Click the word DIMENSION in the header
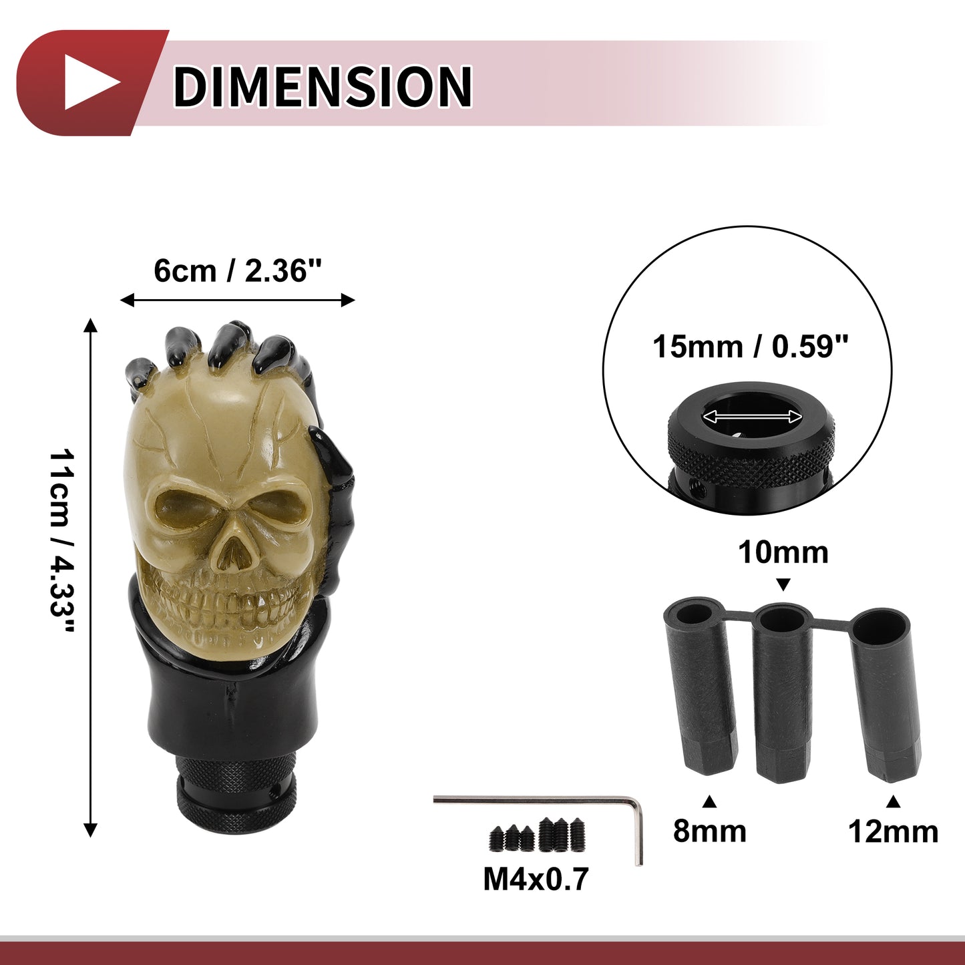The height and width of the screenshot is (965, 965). [x=322, y=86]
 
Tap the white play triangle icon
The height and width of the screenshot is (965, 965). [x=91, y=83]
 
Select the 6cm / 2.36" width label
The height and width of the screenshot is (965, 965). [x=237, y=271]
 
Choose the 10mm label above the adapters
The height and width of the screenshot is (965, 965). [x=783, y=553]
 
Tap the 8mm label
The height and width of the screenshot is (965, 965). [x=710, y=831]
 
